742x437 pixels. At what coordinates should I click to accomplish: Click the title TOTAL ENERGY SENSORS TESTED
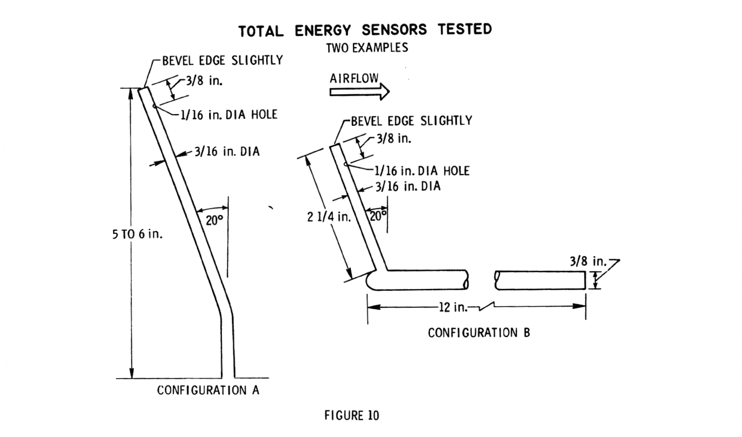click(x=365, y=30)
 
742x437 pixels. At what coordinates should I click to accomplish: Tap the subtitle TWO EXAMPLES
click(x=367, y=48)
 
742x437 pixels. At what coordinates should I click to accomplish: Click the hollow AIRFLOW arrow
click(x=359, y=92)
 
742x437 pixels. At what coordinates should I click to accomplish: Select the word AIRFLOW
click(x=354, y=78)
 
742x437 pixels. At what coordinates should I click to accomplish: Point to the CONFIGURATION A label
click(x=208, y=390)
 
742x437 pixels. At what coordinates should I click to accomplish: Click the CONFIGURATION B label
click(x=478, y=333)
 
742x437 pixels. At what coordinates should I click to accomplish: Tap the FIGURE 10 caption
click(x=352, y=416)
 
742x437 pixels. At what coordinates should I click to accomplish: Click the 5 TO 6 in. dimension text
click(x=137, y=235)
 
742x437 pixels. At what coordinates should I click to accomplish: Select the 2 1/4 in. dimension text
click(x=329, y=217)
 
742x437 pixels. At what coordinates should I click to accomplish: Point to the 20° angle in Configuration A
click(x=214, y=221)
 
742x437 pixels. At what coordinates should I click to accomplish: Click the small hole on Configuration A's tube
click(x=154, y=106)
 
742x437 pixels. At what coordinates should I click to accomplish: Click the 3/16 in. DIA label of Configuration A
click(x=227, y=151)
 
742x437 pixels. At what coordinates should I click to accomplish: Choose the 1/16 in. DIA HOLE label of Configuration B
click(x=422, y=171)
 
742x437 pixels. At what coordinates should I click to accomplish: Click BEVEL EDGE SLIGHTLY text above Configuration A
click(x=222, y=61)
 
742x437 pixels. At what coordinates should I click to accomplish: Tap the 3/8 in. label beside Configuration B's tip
click(x=394, y=139)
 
